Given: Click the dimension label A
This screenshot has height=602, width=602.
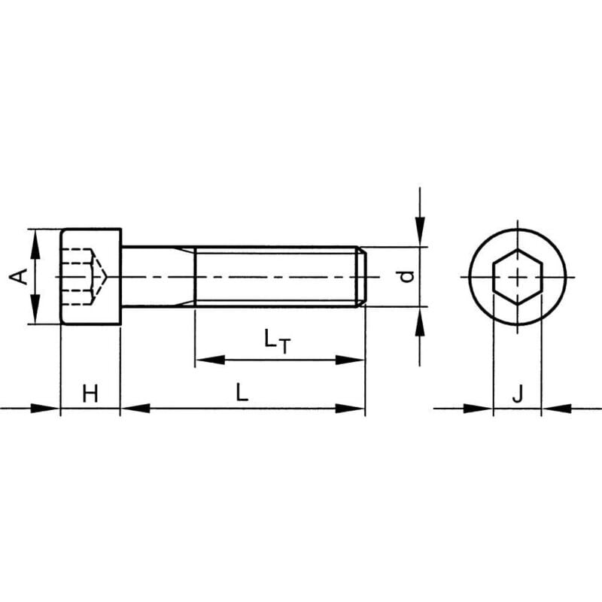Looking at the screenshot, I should pos(22,276).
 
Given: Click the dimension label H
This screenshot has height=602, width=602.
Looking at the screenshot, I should pos(90,393).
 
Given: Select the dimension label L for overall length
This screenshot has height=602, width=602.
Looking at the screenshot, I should pos(241,392).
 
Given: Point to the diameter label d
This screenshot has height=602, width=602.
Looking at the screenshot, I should pos(406,276).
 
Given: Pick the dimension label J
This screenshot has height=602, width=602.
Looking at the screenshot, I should pos(517,393).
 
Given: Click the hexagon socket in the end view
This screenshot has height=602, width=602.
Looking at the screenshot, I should pos(518,277).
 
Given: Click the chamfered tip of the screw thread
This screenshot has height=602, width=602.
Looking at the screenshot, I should pos(362,276).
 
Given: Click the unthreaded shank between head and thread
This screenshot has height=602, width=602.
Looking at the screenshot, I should pos(158,276).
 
